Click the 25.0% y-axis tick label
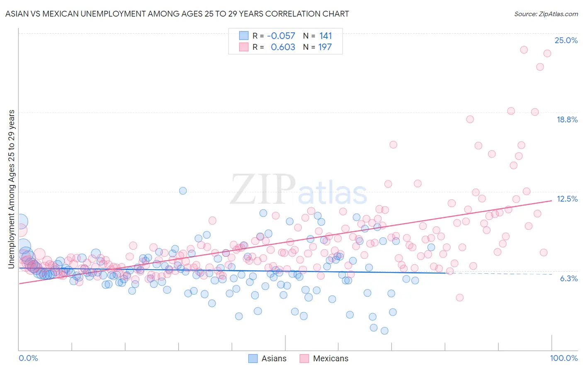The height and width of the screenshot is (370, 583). point(566,40)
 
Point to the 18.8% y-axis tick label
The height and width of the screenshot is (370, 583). point(567,119)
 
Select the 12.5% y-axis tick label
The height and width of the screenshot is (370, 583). point(567,199)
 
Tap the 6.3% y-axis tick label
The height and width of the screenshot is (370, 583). point(568,278)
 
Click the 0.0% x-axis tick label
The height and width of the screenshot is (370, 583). point(28,358)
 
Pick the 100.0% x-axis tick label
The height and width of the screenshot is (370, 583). point(564,358)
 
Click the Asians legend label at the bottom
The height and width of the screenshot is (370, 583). point(274,358)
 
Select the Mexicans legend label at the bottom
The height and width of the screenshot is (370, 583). point(330,358)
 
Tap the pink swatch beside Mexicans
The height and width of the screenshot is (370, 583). point(304,358)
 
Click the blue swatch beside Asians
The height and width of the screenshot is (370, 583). point(253,358)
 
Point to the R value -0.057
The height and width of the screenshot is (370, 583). point(281,36)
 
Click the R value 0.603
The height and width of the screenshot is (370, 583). point(283,47)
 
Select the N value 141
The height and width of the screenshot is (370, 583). point(326,36)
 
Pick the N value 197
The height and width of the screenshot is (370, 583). point(325,47)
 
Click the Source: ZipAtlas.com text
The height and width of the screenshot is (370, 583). point(546,14)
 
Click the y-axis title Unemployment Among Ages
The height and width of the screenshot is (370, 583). point(11,189)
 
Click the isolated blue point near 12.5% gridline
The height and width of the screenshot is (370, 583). point(183,191)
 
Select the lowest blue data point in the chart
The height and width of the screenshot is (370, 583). point(384,331)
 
